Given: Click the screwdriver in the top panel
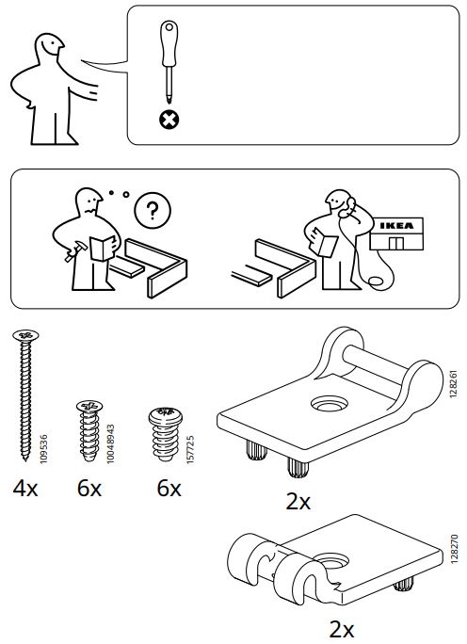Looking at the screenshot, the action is coord(169,61).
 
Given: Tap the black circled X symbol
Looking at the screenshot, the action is coord(169,120).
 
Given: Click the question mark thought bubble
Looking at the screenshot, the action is coord(153,212).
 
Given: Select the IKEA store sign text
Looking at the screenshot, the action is coord(396,225).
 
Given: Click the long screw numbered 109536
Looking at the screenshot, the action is coord(25,395).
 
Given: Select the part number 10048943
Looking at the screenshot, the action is coord(110,444).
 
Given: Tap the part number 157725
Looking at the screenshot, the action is coord(190,450).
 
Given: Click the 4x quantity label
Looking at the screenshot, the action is coord(25,489).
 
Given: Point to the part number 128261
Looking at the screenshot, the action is coord(454,383).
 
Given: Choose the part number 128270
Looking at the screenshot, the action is coord(454,549).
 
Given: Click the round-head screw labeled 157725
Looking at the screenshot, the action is coord(165,434).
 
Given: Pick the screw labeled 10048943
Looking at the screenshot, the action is coord(89,431).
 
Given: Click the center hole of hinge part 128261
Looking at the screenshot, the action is coord(329,404).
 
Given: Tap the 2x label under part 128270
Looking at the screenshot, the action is coord(342,629).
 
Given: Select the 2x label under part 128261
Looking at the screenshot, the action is coord(298,501).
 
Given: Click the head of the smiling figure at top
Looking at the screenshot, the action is coord(49,46).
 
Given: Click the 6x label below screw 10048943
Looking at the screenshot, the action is coord(89,489).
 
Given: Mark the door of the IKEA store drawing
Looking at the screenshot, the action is coord(396,244).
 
